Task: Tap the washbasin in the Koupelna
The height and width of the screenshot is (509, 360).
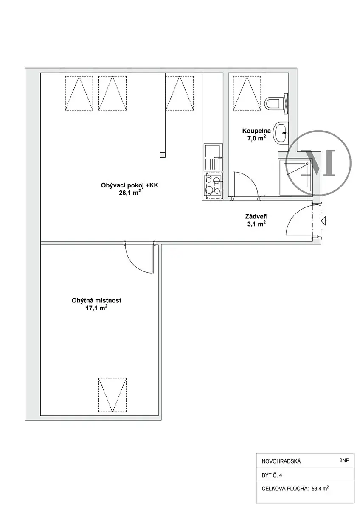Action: tap(281, 132)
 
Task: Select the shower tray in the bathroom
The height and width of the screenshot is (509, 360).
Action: tap(295, 177)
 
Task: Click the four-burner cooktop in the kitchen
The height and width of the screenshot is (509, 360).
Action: tap(213, 185)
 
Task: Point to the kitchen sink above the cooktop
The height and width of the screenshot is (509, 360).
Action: tap(213, 157)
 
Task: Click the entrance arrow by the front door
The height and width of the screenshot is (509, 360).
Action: tap(323, 221)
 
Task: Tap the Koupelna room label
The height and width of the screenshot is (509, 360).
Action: tap(256, 131)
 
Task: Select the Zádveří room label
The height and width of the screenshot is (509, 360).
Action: tap(256, 217)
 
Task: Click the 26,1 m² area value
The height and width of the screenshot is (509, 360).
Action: tap(129, 193)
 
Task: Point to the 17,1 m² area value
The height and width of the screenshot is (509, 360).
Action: tap(96, 308)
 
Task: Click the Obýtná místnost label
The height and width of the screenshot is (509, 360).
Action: tap(96, 300)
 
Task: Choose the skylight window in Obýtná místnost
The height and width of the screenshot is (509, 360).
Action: tap(112, 395)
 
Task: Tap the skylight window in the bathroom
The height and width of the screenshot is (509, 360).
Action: tap(247, 93)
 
